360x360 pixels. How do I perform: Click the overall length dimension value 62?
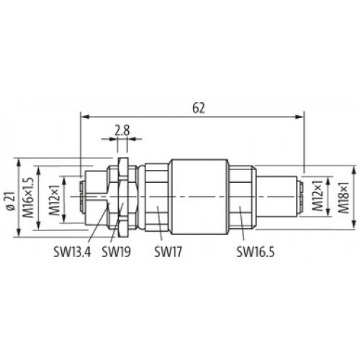(x=199, y=108)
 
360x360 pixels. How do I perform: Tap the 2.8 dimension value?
(x=122, y=130)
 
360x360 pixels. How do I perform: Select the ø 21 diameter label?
(x=11, y=201)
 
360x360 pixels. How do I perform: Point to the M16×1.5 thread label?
(x=28, y=197)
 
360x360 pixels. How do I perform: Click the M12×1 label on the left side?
(x=54, y=200)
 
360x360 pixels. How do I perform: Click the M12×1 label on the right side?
(x=318, y=196)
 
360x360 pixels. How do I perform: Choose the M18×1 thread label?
(x=343, y=197)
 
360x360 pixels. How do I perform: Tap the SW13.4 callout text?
(x=72, y=252)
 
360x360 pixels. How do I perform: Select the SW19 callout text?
(x=117, y=252)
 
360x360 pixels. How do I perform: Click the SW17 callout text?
(x=168, y=252)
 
